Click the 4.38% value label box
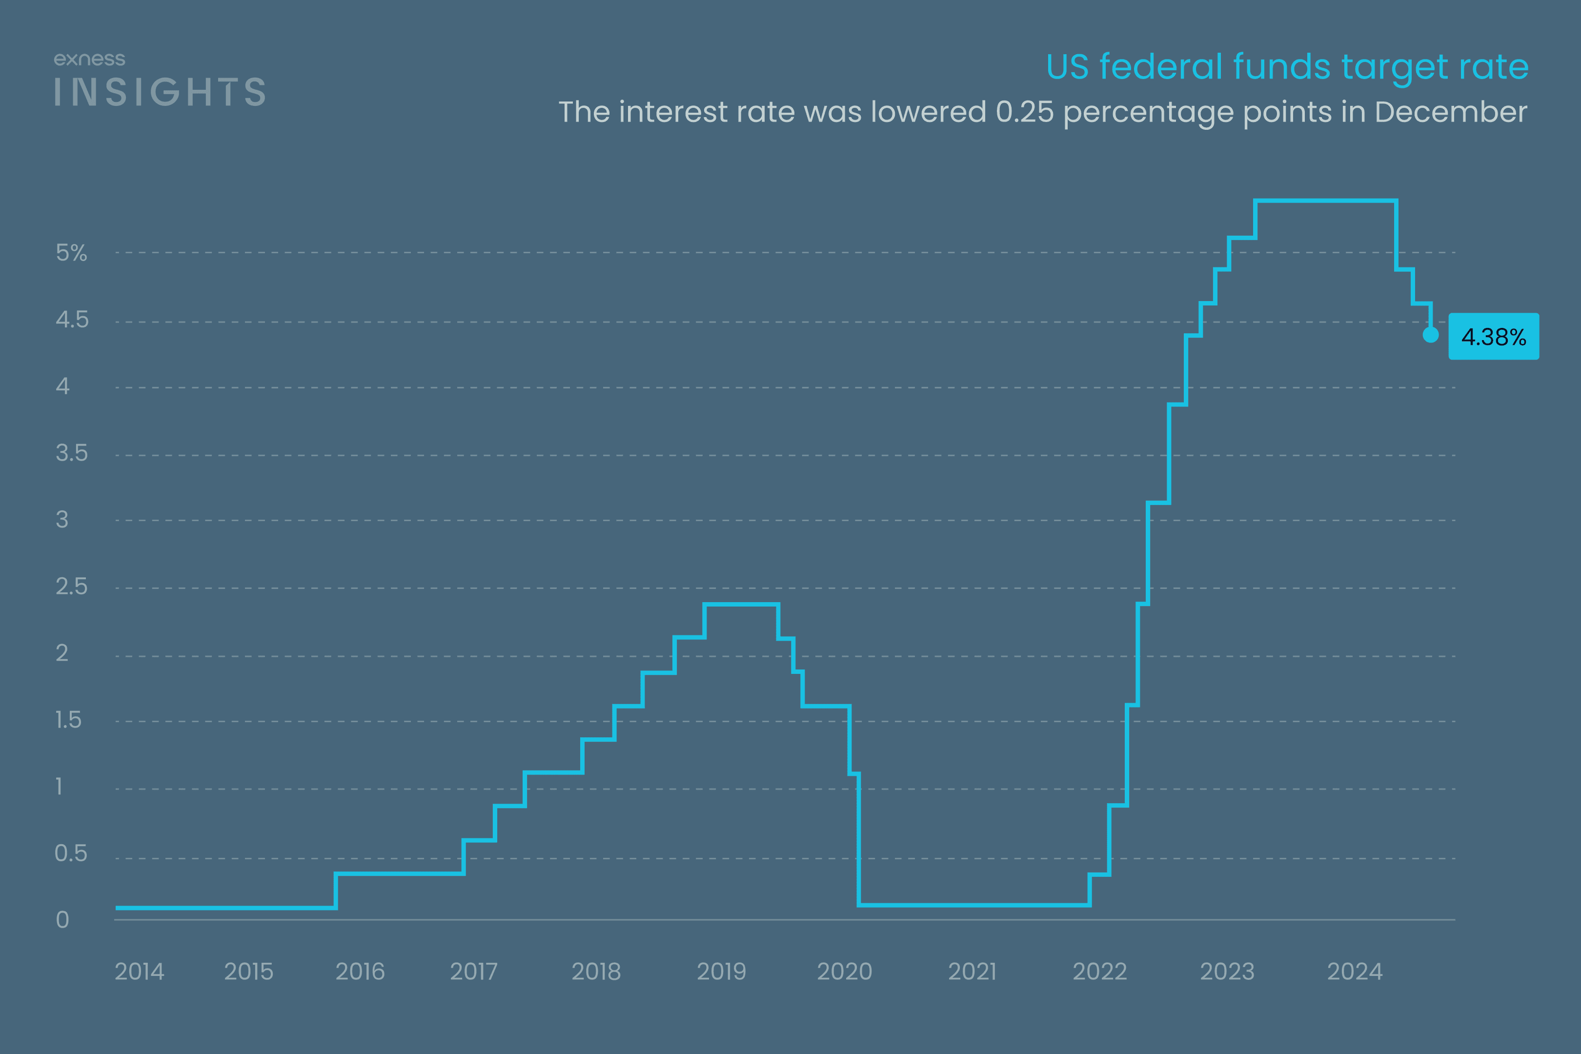1493,336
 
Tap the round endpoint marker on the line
1430,334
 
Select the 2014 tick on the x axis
139,972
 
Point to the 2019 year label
721,972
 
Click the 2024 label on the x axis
1355,972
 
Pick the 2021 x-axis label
972,972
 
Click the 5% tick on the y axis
71,253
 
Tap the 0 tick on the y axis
62,919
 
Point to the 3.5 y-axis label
71,453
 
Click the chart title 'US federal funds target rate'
1287,67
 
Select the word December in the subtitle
1451,112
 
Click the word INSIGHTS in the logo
160,92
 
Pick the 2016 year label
360,972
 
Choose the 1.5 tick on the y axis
69,720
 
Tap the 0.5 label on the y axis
71,853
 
